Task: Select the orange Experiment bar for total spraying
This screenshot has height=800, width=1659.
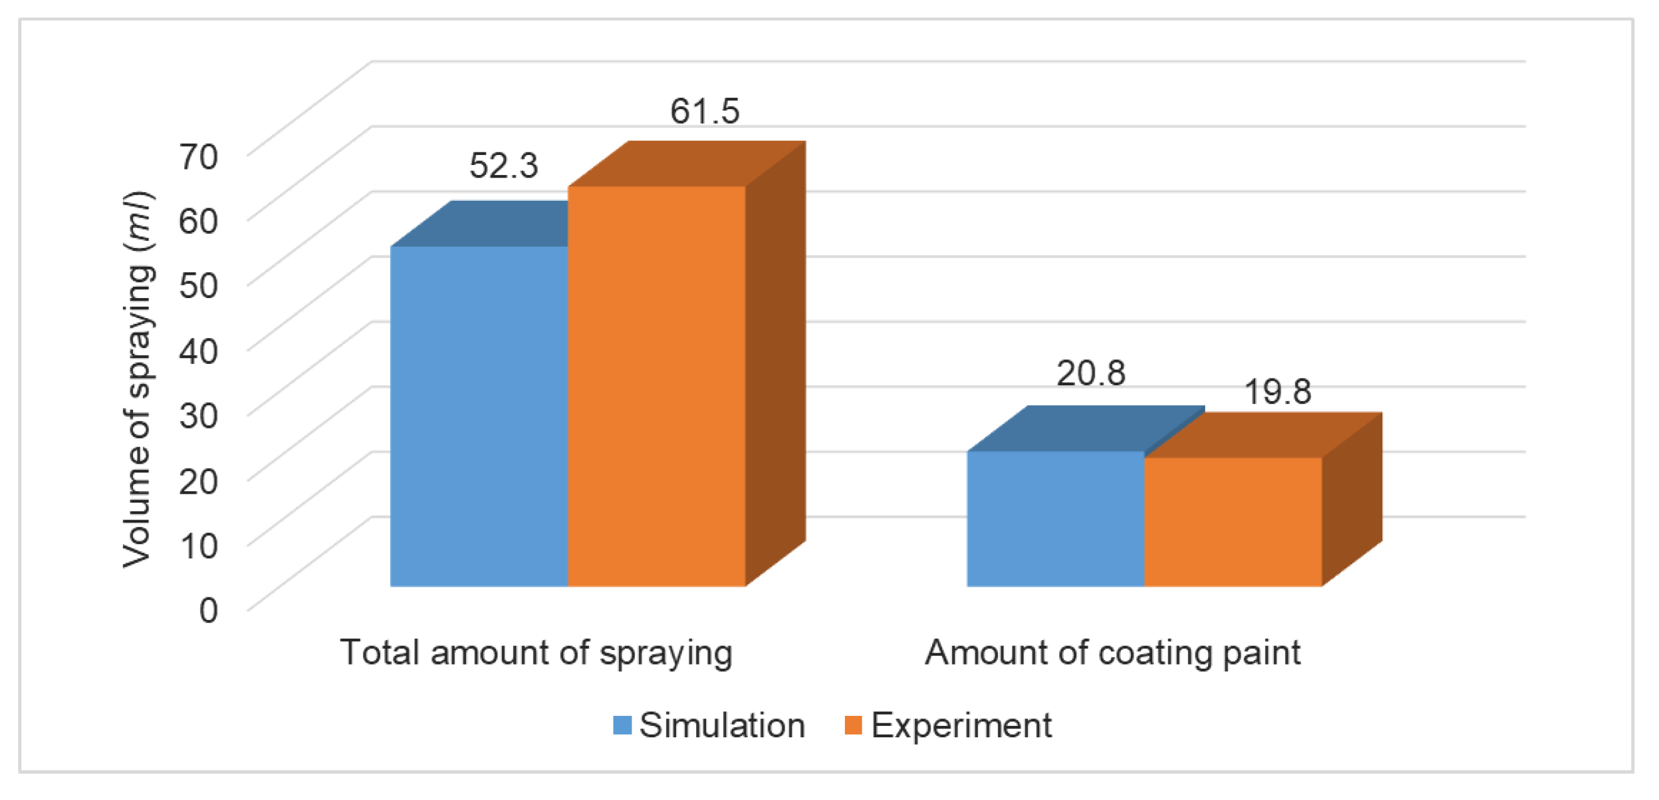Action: tap(657, 387)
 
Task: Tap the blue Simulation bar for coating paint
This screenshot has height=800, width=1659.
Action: tap(1055, 518)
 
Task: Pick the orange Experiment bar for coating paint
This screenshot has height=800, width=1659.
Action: tap(1232, 522)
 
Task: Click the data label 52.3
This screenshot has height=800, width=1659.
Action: tap(503, 166)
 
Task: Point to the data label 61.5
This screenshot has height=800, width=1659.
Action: tap(704, 111)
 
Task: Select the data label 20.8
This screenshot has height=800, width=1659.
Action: tap(1091, 373)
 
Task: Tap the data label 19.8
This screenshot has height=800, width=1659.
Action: tap(1277, 392)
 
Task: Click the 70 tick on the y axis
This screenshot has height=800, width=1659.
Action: tap(198, 156)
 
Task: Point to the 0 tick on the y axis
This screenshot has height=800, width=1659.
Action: tap(208, 609)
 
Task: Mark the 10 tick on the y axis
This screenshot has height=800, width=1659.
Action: tap(198, 546)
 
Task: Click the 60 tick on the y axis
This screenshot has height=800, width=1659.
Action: tap(198, 221)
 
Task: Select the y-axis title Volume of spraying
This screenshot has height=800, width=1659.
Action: tap(137, 380)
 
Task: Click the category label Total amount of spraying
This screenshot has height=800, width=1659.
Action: tap(536, 653)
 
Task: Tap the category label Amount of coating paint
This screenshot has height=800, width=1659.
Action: tap(1112, 653)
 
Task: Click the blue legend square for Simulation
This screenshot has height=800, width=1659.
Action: tap(622, 725)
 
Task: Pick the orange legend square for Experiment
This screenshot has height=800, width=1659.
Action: tap(852, 725)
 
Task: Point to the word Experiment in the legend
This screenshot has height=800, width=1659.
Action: tap(961, 725)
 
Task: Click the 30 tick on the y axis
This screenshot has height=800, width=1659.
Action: tap(198, 415)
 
